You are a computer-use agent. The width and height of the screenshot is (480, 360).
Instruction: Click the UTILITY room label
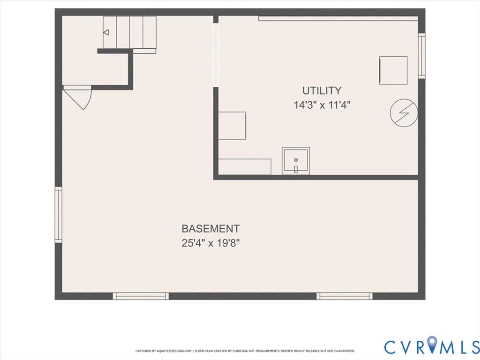pyautogui.click(x=322, y=90)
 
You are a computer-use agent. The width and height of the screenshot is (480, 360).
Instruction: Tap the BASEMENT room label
pyautogui.click(x=210, y=229)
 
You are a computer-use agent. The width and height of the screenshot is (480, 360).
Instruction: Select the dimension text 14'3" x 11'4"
pyautogui.click(x=322, y=105)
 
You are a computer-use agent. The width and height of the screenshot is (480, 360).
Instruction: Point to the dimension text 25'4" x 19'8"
pyautogui.click(x=210, y=243)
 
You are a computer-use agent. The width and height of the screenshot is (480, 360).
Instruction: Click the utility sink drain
pyautogui.click(x=296, y=160)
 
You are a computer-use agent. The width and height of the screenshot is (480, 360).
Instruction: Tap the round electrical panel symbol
pyautogui.click(x=404, y=112)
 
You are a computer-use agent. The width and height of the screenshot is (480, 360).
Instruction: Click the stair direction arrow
pyautogui.click(x=106, y=32)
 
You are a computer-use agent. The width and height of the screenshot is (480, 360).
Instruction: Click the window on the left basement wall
pyautogui.click(x=58, y=215)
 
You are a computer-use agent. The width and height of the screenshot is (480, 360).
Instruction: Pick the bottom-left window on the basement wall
pyautogui.click(x=141, y=296)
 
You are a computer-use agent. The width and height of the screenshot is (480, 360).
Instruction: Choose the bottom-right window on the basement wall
pyautogui.click(x=345, y=296)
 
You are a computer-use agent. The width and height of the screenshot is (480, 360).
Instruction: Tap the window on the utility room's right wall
pyautogui.click(x=421, y=56)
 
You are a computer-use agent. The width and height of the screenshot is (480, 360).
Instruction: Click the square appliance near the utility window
pyautogui.click(x=393, y=70)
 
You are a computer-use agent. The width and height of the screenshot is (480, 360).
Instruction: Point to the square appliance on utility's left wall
pyautogui.click(x=232, y=126)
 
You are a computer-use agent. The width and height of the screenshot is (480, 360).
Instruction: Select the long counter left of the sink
pyautogui.click(x=245, y=166)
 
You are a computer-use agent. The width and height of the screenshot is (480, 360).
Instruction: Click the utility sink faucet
pyautogui.click(x=296, y=169)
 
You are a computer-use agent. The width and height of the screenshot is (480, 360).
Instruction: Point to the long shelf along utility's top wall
pyautogui.click(x=338, y=18)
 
